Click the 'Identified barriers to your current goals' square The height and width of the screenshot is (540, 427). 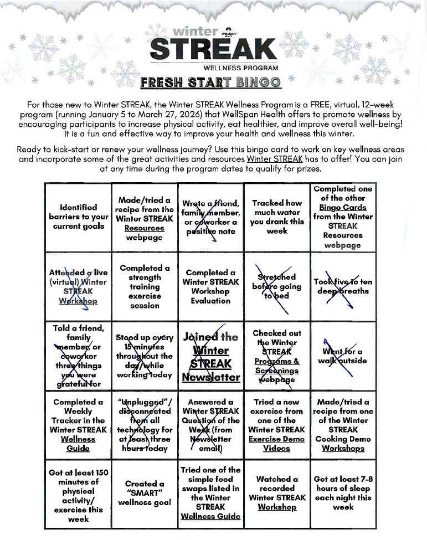78,217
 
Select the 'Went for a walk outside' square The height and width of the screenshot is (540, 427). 343,356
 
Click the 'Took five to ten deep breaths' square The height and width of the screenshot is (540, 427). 343,286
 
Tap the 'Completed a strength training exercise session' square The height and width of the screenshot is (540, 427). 145,286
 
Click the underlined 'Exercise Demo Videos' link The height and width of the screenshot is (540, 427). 276,444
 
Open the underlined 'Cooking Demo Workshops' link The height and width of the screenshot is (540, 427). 343,444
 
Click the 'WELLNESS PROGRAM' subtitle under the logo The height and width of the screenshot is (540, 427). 240,68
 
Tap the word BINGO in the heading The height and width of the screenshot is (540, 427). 258,84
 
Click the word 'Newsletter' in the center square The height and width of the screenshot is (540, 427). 211,377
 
